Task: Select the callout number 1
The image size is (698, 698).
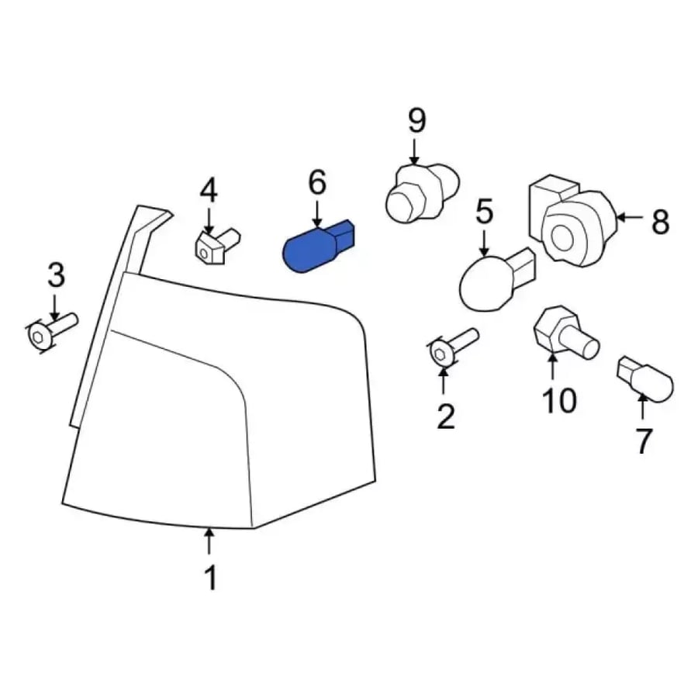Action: (x=210, y=577)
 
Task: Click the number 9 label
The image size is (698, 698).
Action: (x=416, y=120)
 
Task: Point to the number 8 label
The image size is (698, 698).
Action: (x=660, y=222)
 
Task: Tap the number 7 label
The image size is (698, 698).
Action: (x=642, y=441)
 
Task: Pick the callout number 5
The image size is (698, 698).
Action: (x=484, y=212)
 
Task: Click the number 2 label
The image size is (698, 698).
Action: (x=446, y=416)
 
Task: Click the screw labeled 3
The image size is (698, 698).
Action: (x=52, y=332)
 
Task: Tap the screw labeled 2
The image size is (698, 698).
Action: (x=453, y=347)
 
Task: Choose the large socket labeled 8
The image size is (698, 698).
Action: (x=573, y=223)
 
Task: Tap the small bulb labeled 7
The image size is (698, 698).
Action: (x=645, y=378)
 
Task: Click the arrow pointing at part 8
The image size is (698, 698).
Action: (x=631, y=218)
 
